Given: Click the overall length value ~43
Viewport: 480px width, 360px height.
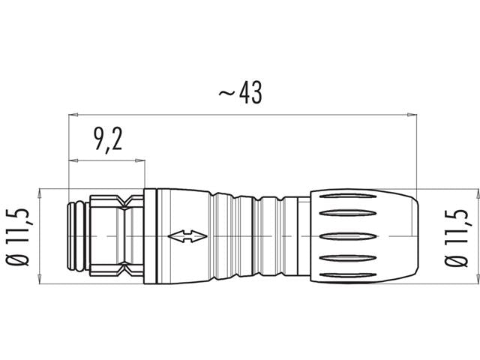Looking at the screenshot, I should tap(240, 95).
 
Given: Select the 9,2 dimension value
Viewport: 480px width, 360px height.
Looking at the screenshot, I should tap(108, 141).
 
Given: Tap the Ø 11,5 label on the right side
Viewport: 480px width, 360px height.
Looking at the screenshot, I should tap(455, 235).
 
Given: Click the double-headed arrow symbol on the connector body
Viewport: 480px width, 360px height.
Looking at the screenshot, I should tap(187, 238).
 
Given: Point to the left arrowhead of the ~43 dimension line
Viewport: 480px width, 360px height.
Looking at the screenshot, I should tap(73, 115).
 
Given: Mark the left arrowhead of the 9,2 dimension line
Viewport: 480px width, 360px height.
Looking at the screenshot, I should tap(73, 160).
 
